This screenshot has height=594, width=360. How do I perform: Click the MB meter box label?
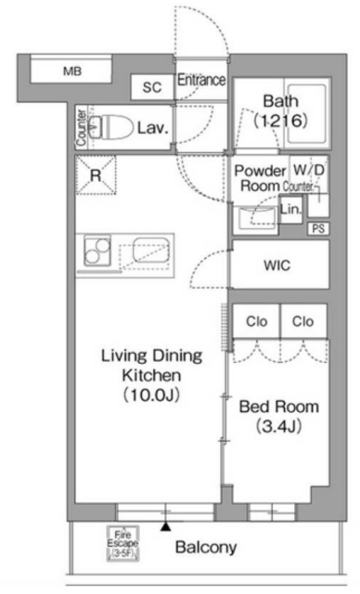(x=72, y=71)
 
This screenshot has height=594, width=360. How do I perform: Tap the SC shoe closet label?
(x=152, y=87)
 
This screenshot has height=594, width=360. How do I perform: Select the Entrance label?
(x=201, y=80)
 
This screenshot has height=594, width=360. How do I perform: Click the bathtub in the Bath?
(x=307, y=114)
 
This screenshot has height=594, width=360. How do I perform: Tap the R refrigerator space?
(x=96, y=175)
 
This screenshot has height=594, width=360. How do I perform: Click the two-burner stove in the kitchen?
(x=97, y=251)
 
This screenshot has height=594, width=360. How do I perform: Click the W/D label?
(x=309, y=170)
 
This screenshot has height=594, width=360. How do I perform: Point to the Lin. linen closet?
(x=290, y=209)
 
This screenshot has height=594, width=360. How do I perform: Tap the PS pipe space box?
(x=318, y=229)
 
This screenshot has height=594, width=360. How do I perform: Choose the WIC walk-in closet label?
(x=277, y=265)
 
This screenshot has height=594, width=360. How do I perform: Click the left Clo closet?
(x=256, y=321)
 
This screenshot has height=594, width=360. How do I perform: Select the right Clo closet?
(x=303, y=321)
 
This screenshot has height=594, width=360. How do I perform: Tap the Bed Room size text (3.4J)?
(x=279, y=427)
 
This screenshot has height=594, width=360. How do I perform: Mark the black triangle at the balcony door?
(x=165, y=526)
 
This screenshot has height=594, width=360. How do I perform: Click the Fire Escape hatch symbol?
(x=122, y=543)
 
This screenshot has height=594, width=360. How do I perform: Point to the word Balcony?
(x=206, y=548)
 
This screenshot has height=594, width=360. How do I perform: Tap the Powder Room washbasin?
(x=255, y=217)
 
